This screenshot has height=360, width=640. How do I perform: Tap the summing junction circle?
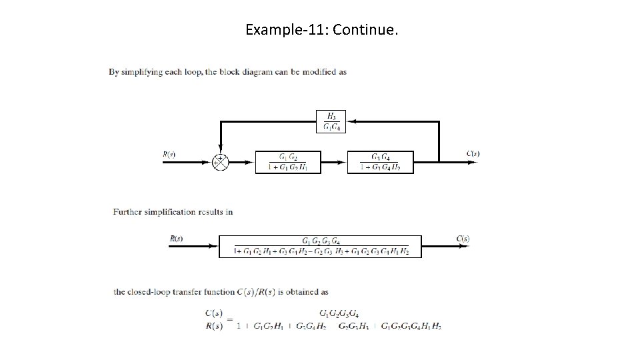point(220,161)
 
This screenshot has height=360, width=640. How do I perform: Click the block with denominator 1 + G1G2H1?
point(289,161)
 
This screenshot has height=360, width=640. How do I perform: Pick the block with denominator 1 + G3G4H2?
point(381,161)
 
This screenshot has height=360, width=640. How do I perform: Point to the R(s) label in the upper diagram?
point(169,154)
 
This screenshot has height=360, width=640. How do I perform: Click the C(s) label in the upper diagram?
point(473,154)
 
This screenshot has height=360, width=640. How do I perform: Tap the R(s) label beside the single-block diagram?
point(176,238)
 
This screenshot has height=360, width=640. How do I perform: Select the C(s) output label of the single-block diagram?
point(463,238)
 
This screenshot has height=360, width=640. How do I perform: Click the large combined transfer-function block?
point(320,246)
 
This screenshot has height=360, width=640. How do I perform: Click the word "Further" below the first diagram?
point(127,212)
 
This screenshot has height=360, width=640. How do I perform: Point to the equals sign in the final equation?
point(229,319)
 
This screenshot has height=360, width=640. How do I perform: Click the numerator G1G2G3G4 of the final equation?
point(339,313)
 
